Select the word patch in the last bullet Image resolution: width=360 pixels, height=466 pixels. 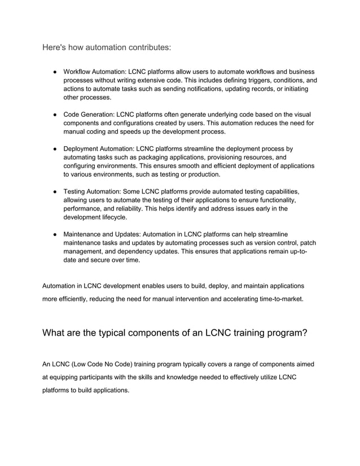coord(306,243)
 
